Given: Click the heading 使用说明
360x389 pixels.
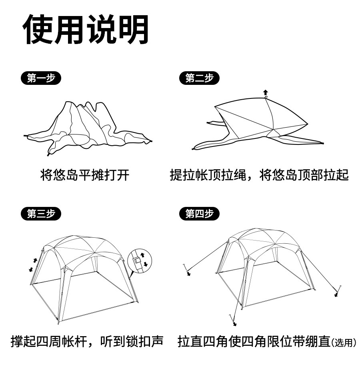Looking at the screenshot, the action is click(86, 30).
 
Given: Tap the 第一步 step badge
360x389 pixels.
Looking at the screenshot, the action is click(41, 78).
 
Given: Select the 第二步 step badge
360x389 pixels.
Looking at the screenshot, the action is click(199, 78).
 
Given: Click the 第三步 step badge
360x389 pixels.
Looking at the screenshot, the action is click(41, 214).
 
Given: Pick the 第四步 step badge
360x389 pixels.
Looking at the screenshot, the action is click(199, 214).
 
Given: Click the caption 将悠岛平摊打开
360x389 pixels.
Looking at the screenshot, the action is click(85, 175).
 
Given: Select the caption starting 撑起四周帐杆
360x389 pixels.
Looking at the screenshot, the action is click(87, 341).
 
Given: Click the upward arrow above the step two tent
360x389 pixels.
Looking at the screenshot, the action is click(265, 92).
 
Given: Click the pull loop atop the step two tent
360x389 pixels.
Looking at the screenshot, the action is click(266, 97).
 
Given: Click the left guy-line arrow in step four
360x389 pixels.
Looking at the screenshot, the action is click(188, 274).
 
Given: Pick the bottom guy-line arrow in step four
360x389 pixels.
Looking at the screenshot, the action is click(234, 324).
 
